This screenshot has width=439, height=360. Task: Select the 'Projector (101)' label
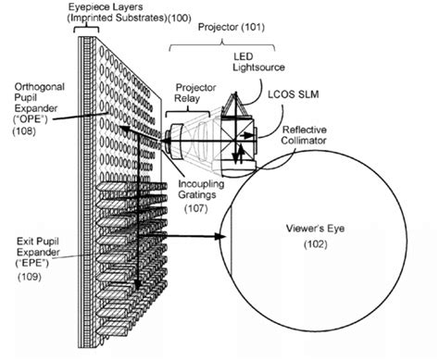coord(228,27)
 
